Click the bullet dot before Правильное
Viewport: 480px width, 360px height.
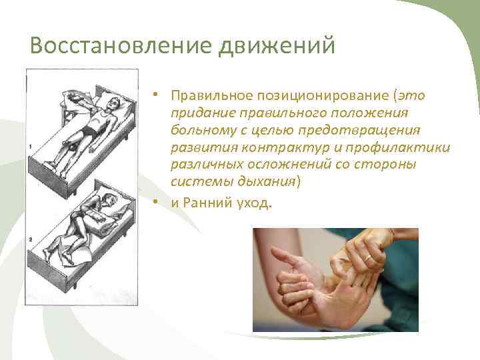pyautogui.click(x=154, y=95)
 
